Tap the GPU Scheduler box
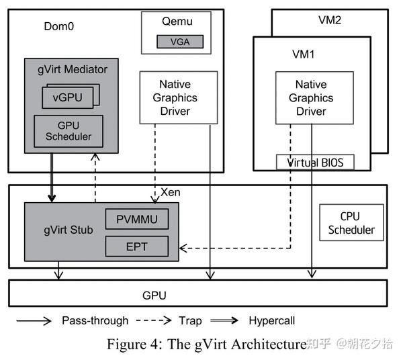coord(69,132)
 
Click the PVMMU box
coord(136,220)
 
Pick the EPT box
coord(136,246)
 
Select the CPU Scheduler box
coord(351,223)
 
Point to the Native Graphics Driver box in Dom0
coord(175,97)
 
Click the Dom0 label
coord(58,27)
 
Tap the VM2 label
coord(329,20)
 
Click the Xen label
coord(171,193)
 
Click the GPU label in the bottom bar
coord(154,295)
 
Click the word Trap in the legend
coord(191,320)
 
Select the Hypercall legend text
coord(271,320)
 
